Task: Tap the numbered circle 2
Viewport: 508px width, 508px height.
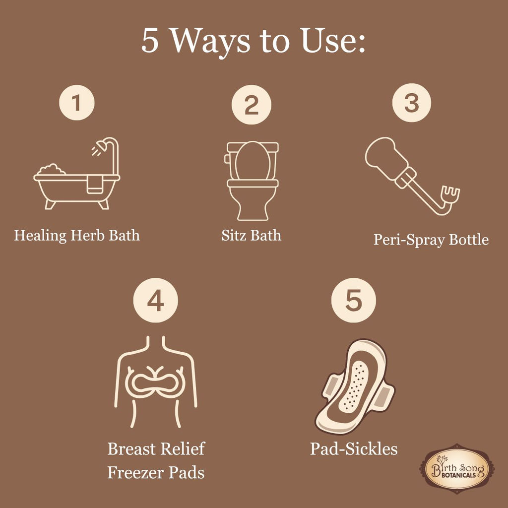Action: [252, 105]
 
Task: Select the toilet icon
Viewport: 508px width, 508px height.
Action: [252, 180]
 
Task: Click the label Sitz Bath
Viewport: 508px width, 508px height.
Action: [251, 235]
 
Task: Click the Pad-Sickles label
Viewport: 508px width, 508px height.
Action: [354, 448]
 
